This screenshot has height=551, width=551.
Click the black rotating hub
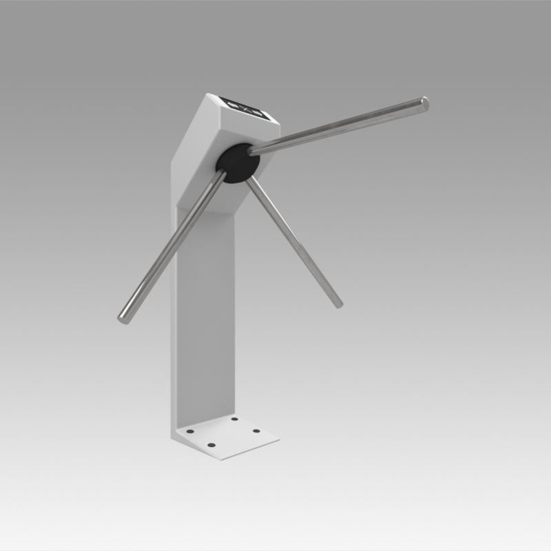click(x=238, y=163)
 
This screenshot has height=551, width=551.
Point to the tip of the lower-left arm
click(x=123, y=317)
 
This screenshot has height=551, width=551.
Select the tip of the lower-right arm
click(x=337, y=302)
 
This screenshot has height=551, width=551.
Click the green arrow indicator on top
click(x=257, y=113)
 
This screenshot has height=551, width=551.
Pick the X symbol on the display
click(x=246, y=109)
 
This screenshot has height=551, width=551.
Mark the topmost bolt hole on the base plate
click(x=234, y=419)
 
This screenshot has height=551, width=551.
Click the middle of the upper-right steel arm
click(x=337, y=125)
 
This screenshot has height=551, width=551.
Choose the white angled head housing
click(x=214, y=138)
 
